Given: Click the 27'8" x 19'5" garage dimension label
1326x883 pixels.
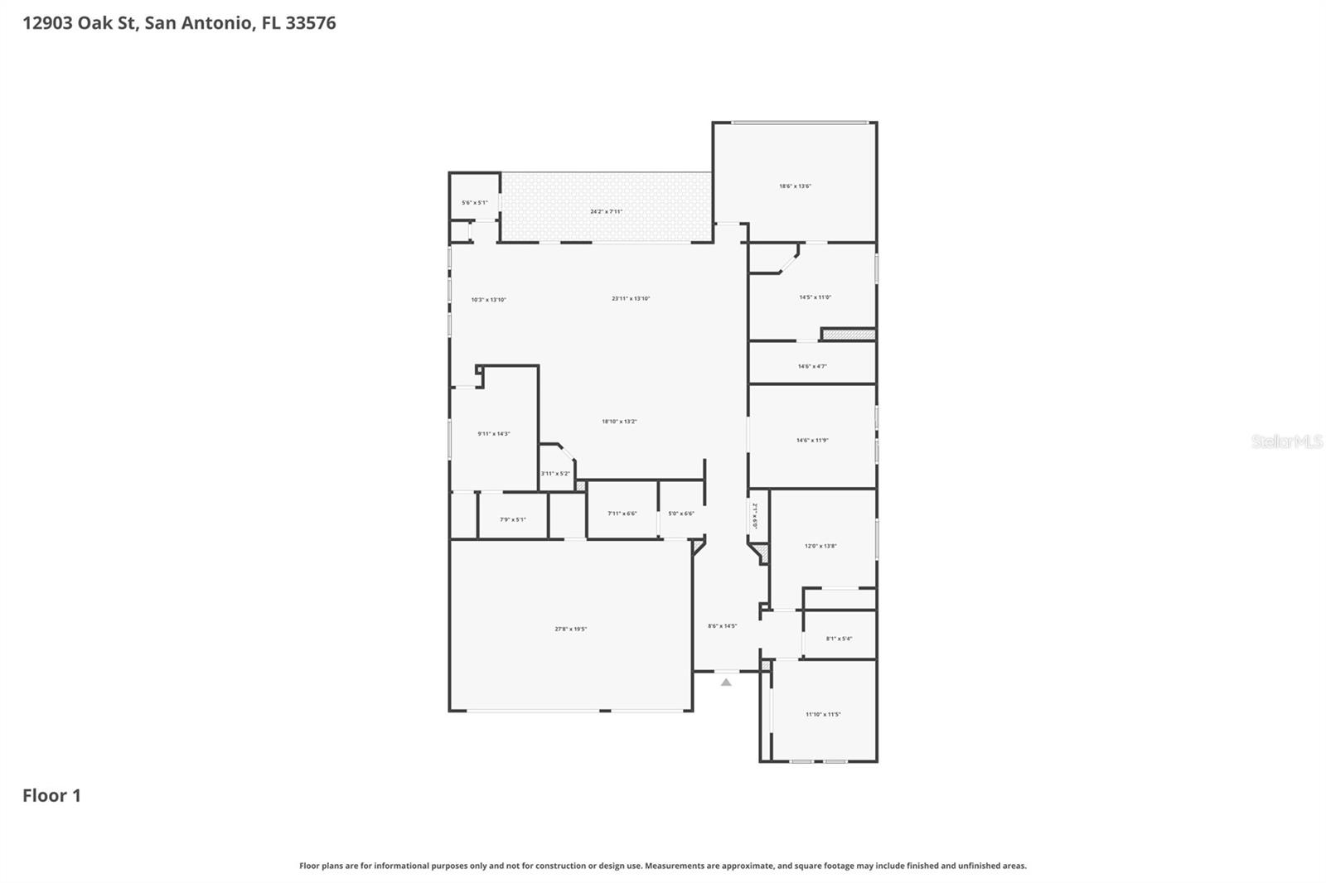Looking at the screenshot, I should click(570, 630).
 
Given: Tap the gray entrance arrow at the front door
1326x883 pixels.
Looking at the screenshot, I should click(726, 683).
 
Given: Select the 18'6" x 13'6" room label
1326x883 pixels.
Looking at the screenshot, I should click(795, 186).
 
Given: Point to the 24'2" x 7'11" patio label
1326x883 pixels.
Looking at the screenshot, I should click(606, 212).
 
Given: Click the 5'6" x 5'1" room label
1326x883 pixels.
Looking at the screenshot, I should click(474, 203).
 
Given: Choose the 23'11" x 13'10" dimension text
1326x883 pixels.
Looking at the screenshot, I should click(631, 299).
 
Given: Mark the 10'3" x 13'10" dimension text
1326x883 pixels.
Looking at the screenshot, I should click(488, 300).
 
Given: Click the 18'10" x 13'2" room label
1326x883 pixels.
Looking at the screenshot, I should click(619, 422).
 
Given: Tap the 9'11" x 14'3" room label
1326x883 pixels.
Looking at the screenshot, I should click(493, 434).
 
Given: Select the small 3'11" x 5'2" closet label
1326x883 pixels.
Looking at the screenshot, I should click(555, 474).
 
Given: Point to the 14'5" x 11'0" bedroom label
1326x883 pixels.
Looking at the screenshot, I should click(815, 297).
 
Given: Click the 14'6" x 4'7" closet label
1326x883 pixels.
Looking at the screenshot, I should click(812, 366).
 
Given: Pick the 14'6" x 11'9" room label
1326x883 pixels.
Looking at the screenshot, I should click(812, 441).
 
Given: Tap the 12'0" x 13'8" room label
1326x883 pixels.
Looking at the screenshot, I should click(820, 547).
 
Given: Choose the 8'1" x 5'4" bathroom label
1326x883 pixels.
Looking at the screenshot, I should click(839, 639).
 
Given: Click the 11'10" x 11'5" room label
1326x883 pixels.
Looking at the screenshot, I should click(823, 715).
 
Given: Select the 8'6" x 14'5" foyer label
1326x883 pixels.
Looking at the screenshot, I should click(722, 626).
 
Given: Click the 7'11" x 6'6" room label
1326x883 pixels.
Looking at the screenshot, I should click(622, 514).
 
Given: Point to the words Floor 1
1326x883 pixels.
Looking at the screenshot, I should click(51, 796).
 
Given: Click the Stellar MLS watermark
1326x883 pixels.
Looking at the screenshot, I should click(1286, 441).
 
